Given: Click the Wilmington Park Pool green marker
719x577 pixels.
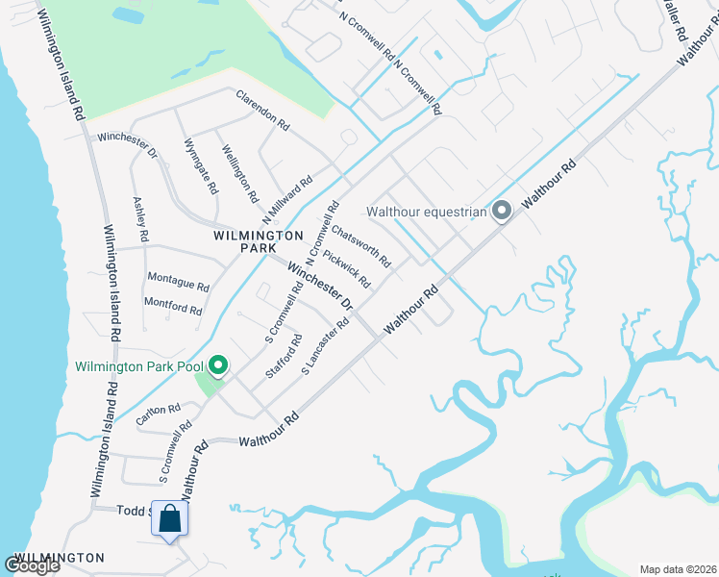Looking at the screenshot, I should (218, 365).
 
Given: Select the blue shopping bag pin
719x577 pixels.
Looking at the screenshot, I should (169, 520).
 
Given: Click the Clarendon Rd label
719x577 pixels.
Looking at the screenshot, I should (262, 110).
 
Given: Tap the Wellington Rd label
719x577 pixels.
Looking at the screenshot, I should (239, 174).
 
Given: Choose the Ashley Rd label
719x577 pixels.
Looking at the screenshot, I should (141, 220).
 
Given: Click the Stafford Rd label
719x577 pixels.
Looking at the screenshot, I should (285, 356).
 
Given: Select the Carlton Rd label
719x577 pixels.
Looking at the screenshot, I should (158, 415).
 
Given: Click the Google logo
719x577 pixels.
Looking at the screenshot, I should (32, 565).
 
